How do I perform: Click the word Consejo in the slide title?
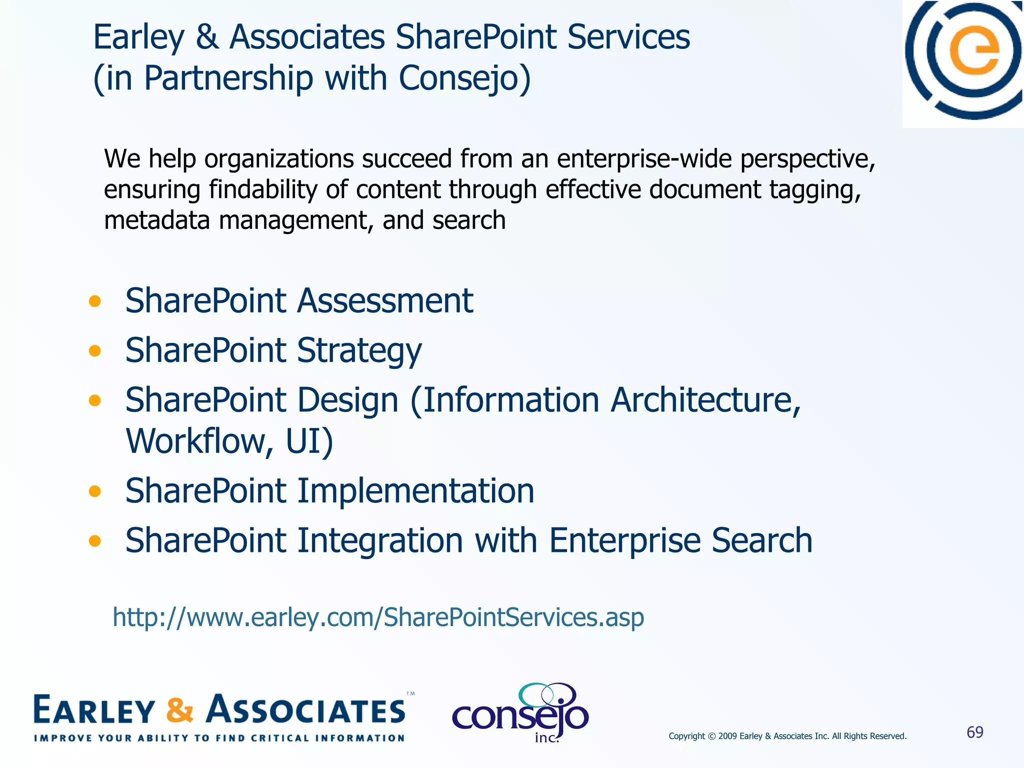pyautogui.click(x=464, y=78)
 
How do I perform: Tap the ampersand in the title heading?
pyautogui.click(x=207, y=37)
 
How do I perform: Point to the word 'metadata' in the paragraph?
pyautogui.click(x=156, y=220)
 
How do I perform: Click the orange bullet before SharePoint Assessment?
pyautogui.click(x=94, y=301)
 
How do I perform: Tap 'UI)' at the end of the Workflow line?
pyautogui.click(x=309, y=441)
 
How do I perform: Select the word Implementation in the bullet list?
pyautogui.click(x=415, y=491)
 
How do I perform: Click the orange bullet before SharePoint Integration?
pyautogui.click(x=94, y=540)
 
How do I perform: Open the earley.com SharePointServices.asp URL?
pyautogui.click(x=378, y=617)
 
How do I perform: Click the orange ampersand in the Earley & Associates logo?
pyautogui.click(x=179, y=710)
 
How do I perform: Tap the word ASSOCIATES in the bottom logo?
pyautogui.click(x=306, y=710)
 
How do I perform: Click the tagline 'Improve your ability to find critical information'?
pyautogui.click(x=219, y=738)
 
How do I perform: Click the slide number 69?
pyautogui.click(x=974, y=732)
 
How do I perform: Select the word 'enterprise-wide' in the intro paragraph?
pyautogui.click(x=644, y=159)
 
